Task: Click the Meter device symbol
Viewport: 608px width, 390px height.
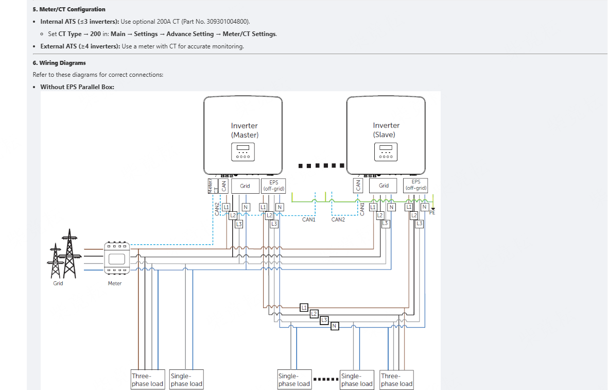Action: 115,258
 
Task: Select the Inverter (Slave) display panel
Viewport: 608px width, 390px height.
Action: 386,151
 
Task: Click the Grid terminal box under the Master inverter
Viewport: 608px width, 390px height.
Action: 245,186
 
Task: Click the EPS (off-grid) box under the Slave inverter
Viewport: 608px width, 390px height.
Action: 416,185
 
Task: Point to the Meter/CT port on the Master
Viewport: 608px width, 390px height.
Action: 210,186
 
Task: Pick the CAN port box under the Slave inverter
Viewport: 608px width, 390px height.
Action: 358,185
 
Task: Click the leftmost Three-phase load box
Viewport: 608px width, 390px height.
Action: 147,380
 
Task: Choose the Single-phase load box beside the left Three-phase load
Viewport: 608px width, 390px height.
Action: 186,380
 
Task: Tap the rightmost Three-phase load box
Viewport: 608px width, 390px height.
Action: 397,380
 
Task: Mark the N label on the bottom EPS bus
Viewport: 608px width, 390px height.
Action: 335,326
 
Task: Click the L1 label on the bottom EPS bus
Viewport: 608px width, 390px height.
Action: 304,308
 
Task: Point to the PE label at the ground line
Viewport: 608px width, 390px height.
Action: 432,212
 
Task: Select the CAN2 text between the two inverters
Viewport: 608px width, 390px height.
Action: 338,219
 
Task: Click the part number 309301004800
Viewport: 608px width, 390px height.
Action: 226,22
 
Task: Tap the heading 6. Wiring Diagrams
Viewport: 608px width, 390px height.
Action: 59,63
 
